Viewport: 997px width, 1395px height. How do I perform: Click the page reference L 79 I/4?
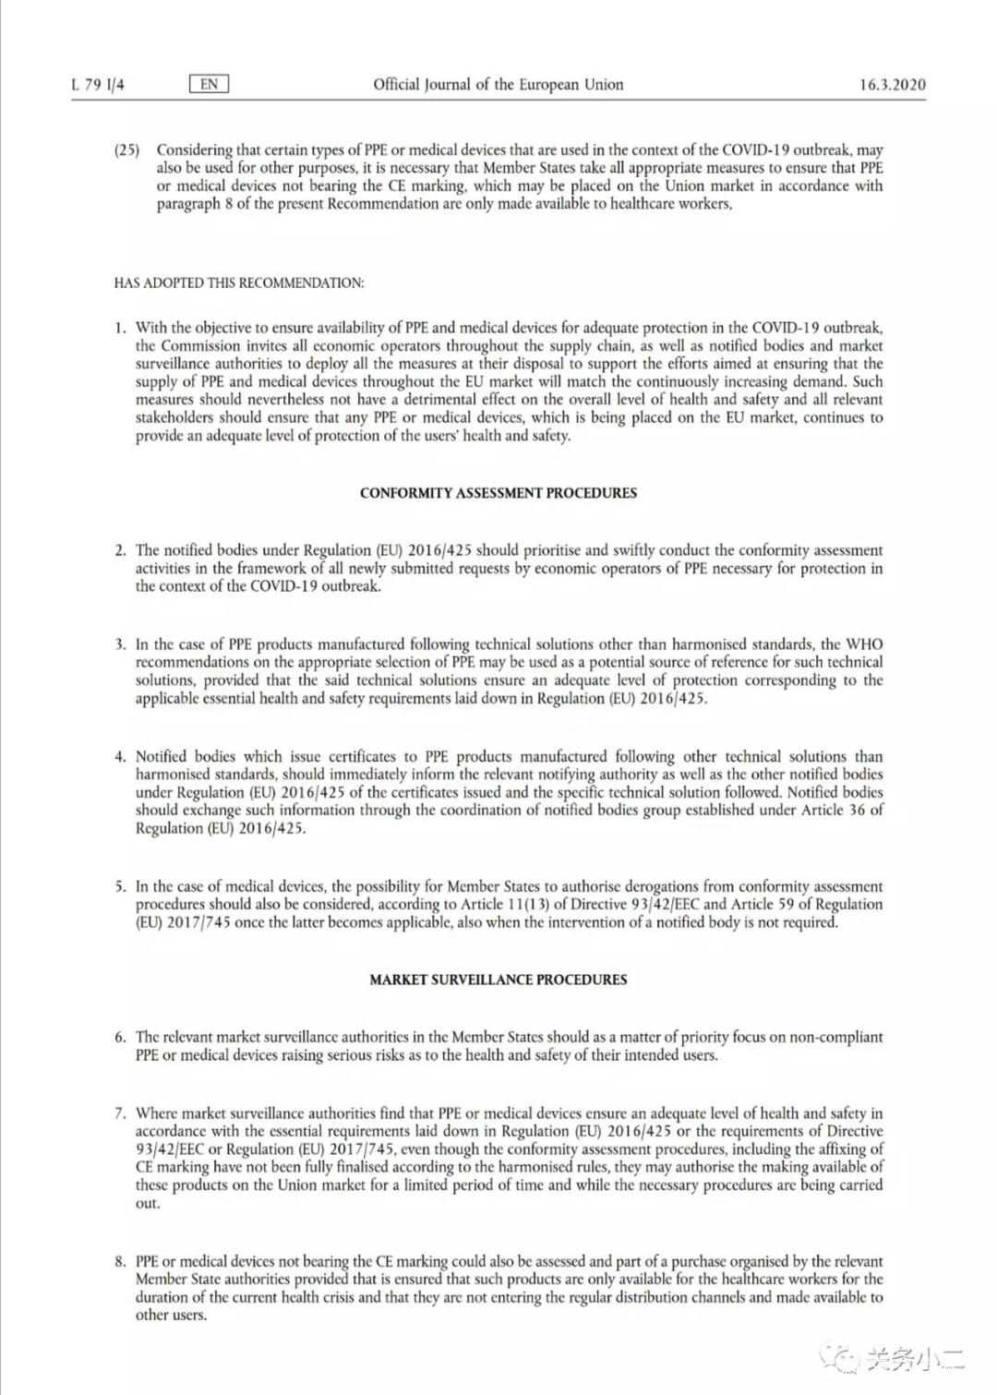click(98, 85)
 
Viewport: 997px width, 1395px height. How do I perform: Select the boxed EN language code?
click(209, 84)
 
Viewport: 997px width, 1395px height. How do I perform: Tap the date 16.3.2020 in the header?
click(892, 85)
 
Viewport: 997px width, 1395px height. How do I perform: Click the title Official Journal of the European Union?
click(498, 84)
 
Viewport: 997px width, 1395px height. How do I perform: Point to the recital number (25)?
click(126, 150)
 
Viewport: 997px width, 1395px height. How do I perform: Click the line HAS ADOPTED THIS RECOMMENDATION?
click(239, 283)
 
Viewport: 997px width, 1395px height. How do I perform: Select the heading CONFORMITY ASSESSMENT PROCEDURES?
click(498, 493)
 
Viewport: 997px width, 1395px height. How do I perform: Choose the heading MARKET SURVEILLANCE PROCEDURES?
click(498, 980)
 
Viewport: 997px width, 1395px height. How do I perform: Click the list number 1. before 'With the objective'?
click(120, 328)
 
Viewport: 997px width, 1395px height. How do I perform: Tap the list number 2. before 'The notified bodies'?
click(120, 550)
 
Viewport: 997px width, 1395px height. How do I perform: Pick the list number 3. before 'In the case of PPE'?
click(120, 644)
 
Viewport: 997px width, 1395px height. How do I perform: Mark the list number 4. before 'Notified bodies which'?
click(120, 756)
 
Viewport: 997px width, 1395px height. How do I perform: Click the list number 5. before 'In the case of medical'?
click(120, 886)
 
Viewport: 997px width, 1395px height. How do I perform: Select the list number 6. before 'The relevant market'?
click(120, 1037)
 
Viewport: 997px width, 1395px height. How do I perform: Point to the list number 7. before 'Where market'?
click(120, 1113)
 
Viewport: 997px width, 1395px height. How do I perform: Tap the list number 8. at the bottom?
click(120, 1261)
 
